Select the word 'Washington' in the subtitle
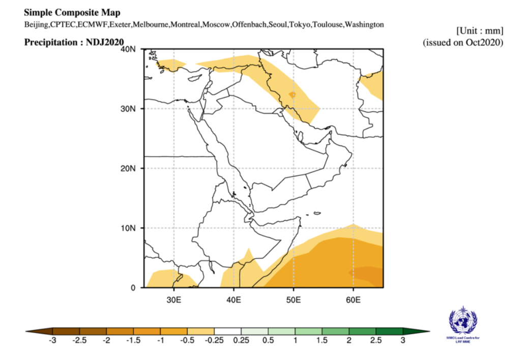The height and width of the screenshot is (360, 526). click(364, 24)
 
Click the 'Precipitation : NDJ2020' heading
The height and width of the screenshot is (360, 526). click(74, 42)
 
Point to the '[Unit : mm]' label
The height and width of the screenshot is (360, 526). click(480, 31)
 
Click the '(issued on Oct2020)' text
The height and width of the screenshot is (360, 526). click(463, 42)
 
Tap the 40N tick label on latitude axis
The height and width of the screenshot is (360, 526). click(130, 49)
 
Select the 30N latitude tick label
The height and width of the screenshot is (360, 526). click(130, 109)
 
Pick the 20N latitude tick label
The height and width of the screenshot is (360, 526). click(130, 168)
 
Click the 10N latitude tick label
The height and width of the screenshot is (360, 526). click(130, 228)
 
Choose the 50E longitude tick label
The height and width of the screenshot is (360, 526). click(294, 298)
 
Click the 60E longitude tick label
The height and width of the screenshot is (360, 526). click(353, 298)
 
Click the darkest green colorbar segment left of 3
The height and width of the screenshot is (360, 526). click(389, 331)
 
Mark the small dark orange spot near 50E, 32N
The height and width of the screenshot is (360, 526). click(292, 95)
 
